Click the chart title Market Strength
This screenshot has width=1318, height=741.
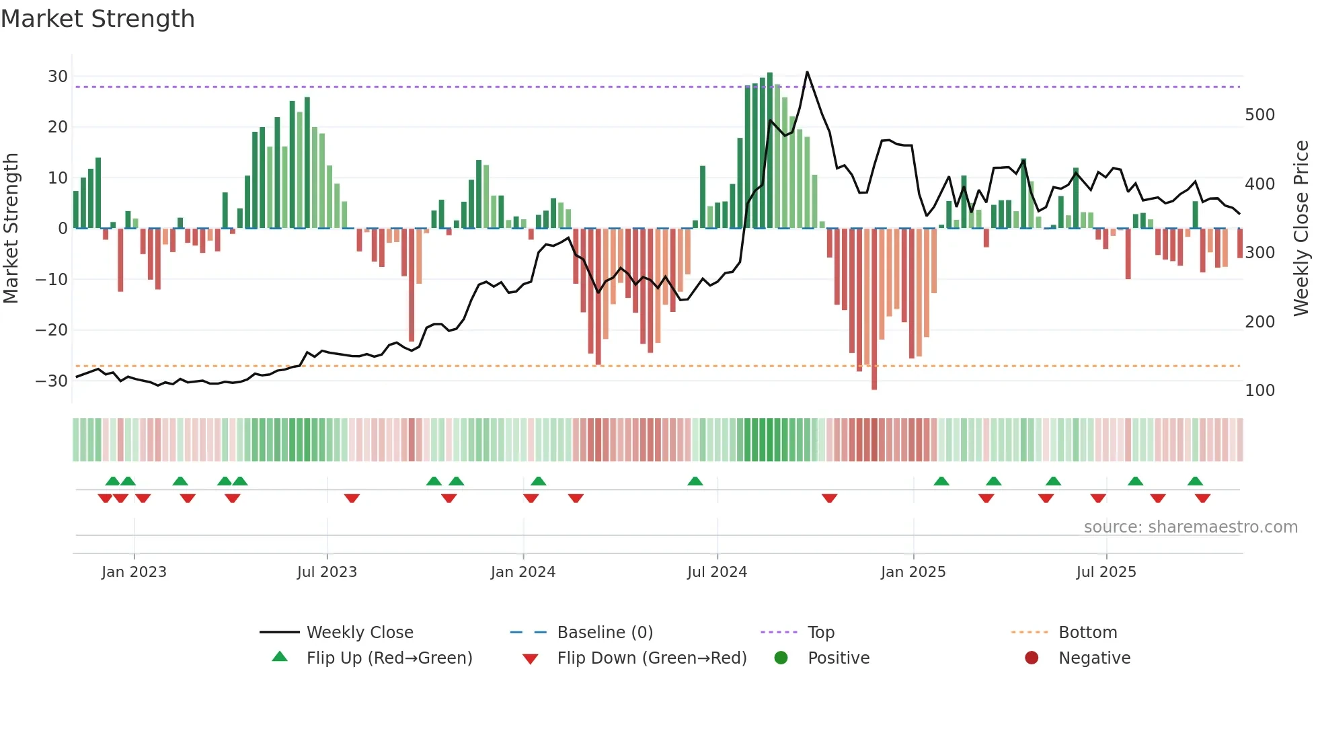click(98, 19)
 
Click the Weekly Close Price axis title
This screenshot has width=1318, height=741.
click(1301, 228)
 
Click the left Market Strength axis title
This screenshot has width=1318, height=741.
click(11, 228)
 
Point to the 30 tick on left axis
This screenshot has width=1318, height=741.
click(58, 77)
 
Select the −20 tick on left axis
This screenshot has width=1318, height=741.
click(52, 330)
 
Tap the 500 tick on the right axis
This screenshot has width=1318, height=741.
click(1259, 115)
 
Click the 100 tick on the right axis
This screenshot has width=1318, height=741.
click(1259, 391)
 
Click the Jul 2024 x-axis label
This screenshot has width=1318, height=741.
click(717, 572)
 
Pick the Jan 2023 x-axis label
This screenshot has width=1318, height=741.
click(134, 572)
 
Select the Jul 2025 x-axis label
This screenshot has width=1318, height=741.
click(1106, 572)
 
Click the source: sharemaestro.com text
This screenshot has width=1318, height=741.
click(1190, 527)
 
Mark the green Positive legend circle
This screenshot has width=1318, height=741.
click(781, 658)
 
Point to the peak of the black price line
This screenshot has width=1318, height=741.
click(807, 73)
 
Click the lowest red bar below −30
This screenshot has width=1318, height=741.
click(874, 387)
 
